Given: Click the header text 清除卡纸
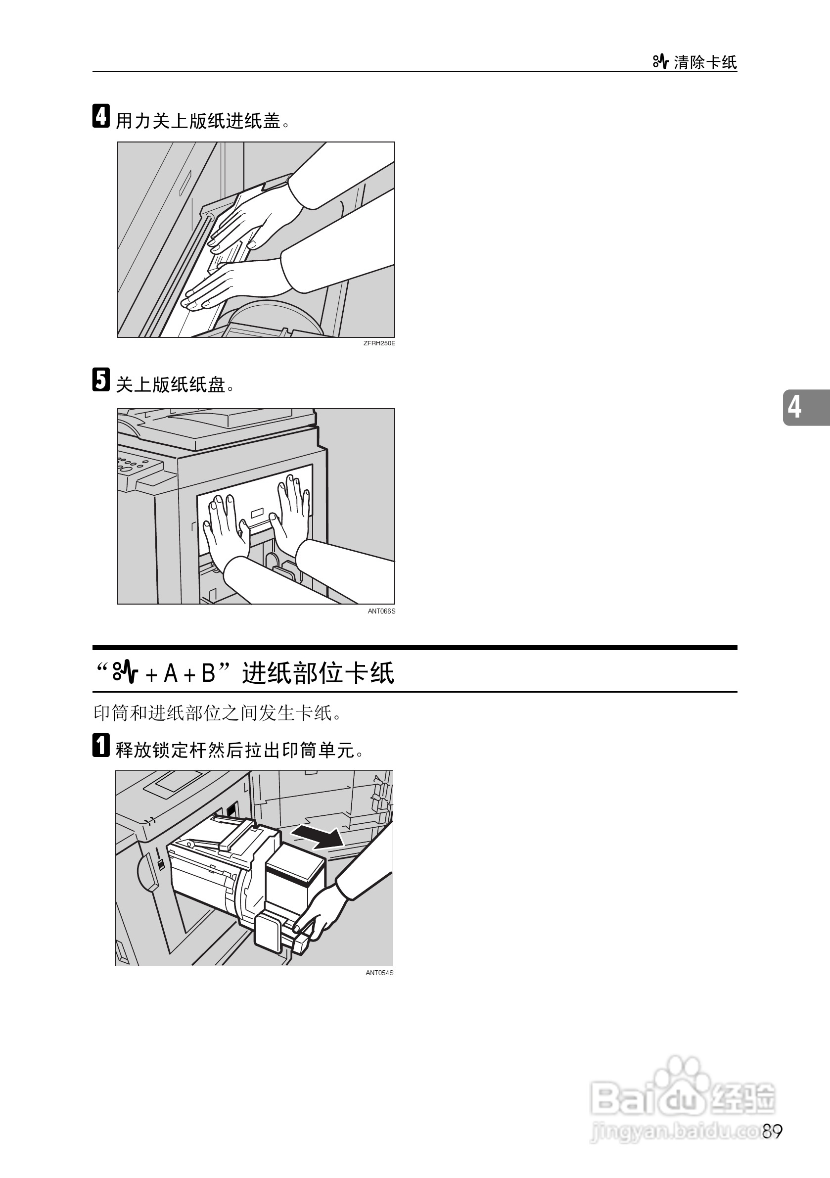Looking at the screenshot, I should [x=705, y=63].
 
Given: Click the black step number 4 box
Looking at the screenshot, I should [x=101, y=116].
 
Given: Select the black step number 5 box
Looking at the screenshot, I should [x=101, y=379].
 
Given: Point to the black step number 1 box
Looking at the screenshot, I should [x=101, y=745].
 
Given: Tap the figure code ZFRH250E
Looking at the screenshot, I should [x=379, y=343].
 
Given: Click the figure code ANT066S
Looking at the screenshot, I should [x=381, y=611].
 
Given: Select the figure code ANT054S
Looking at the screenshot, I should [x=379, y=973].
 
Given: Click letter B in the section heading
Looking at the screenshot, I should [x=208, y=673].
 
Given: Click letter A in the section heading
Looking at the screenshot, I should [x=171, y=673].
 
